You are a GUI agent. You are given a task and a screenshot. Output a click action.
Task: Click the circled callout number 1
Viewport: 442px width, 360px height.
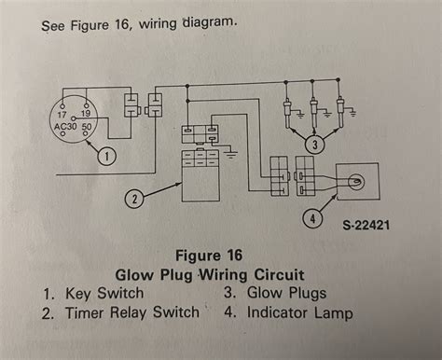tap(106, 156)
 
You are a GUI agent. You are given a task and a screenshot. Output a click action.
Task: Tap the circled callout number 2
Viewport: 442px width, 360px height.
tap(134, 199)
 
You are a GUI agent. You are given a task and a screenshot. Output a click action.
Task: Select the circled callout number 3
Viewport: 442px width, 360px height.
tap(314, 145)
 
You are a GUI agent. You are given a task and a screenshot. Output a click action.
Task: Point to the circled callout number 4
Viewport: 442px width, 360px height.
tap(312, 218)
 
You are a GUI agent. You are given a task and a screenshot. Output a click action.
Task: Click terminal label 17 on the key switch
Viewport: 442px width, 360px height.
tap(62, 115)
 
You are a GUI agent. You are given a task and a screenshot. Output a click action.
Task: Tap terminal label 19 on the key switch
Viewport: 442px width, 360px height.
tap(86, 114)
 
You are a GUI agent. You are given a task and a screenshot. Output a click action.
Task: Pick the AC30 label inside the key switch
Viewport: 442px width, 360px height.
tap(65, 127)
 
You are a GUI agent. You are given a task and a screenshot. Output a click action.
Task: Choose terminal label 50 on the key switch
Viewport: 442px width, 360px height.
tap(87, 127)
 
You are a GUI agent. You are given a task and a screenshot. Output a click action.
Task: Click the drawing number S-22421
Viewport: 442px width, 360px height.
tap(366, 225)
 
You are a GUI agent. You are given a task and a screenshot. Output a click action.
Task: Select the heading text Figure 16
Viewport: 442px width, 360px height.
tap(209, 256)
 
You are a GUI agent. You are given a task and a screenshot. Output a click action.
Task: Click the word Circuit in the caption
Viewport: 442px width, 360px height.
tap(279, 274)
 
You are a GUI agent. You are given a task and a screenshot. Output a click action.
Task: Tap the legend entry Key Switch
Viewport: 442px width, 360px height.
tap(104, 293)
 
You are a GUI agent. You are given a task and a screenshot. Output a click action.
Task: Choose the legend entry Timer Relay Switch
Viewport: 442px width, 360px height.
tap(132, 312)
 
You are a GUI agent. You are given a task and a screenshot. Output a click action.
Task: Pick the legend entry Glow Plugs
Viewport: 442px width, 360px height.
tap(286, 293)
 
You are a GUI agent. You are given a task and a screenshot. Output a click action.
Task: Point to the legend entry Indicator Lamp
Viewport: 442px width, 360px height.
tap(300, 312)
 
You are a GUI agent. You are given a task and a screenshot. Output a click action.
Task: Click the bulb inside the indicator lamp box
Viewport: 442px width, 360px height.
tap(355, 182)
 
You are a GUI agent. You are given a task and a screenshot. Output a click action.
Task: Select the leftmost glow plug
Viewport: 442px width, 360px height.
tap(287, 114)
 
